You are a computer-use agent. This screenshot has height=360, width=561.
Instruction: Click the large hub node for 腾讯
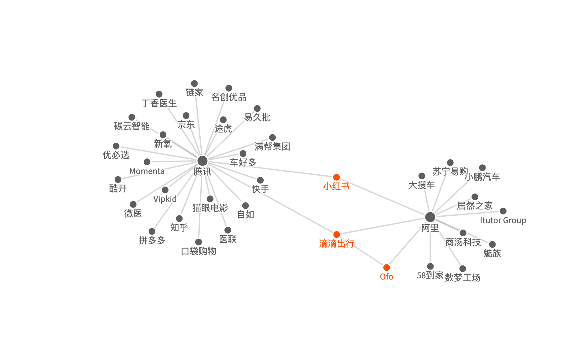[203, 161]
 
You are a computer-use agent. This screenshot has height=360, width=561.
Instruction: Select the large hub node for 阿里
[430, 217]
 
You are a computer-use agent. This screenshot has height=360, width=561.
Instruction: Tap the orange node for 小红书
[337, 177]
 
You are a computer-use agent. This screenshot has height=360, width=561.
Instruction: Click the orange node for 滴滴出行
[337, 234]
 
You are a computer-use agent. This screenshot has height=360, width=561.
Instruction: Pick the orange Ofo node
[387, 267]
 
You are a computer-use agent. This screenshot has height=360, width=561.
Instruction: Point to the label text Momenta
[147, 171]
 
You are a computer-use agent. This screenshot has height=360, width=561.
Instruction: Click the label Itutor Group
[503, 220]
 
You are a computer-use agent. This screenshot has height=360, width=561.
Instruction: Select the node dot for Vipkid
[165, 190]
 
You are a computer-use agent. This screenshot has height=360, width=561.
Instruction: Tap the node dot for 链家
[194, 84]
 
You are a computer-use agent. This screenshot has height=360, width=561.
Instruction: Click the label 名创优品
[229, 97]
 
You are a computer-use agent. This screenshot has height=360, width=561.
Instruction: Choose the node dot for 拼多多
[152, 231]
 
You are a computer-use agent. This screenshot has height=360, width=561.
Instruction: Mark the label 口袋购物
[198, 251]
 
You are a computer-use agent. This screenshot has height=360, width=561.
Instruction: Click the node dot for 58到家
[430, 266]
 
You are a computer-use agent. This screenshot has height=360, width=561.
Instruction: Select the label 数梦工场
[462, 277]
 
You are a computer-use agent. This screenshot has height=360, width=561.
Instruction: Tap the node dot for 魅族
[492, 244]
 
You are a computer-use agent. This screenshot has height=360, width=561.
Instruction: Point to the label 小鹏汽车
[482, 177]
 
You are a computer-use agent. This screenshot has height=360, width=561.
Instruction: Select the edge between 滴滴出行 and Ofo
[366, 254]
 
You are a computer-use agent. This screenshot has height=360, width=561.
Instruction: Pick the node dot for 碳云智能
[132, 117]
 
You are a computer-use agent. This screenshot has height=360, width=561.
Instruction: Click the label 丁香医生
[159, 103]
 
